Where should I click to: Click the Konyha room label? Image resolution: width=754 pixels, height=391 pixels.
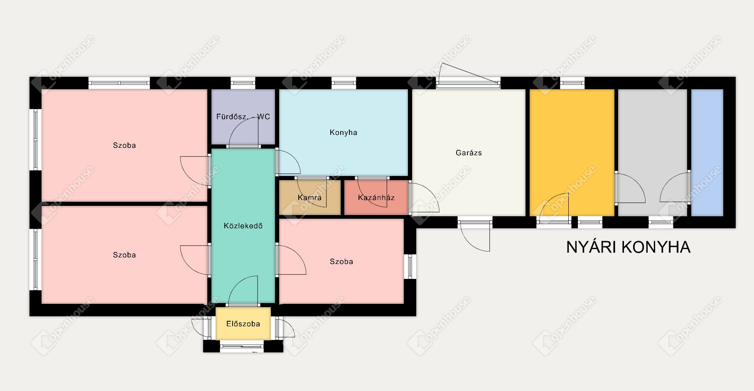click(343, 132)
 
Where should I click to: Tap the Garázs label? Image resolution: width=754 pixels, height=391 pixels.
click(469, 153)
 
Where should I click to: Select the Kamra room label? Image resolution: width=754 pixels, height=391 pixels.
click(309, 198)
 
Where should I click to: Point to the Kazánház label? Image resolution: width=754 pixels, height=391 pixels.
click(376, 198)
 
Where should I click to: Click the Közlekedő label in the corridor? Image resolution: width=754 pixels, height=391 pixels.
click(243, 226)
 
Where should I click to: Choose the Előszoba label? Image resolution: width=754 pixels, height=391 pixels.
click(243, 324)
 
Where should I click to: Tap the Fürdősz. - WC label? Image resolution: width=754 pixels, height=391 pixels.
click(243, 117)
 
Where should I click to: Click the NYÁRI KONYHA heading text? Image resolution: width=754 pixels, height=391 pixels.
click(628, 247)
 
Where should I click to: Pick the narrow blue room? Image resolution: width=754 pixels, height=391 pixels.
click(707, 153)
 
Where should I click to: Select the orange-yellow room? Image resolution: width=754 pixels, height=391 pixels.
click(572, 153)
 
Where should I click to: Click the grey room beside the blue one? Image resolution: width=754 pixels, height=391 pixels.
click(652, 153)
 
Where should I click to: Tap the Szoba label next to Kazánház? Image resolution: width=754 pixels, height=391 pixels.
click(341, 261)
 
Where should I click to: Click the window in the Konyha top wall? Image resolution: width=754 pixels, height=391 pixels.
click(344, 83)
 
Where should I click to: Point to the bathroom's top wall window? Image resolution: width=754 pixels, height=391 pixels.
click(243, 83)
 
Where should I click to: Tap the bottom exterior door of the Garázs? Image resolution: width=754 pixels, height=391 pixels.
click(474, 235)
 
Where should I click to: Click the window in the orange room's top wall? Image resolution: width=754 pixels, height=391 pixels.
click(572, 83)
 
